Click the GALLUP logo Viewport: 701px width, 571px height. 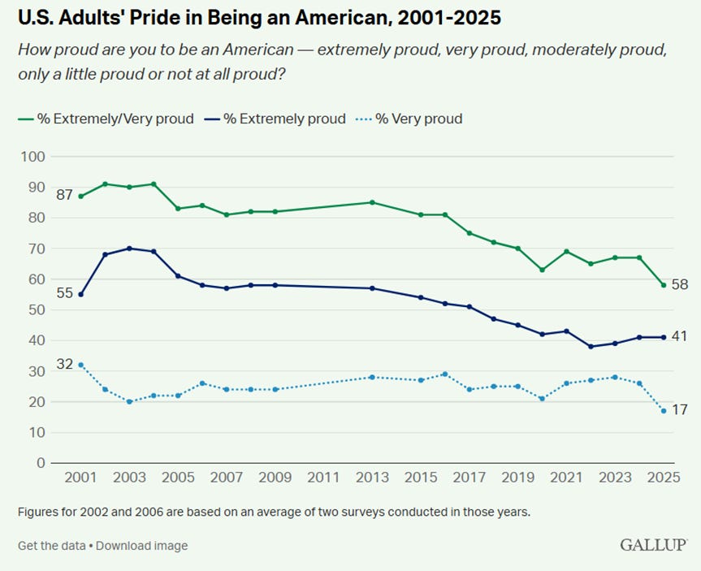click(x=653, y=544)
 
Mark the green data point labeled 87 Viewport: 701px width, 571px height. click(x=81, y=197)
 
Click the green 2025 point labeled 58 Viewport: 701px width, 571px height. click(x=664, y=285)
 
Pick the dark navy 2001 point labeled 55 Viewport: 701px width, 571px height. click(x=81, y=294)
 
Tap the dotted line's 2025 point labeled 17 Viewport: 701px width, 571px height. click(x=664, y=411)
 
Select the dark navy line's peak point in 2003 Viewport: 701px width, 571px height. click(x=129, y=249)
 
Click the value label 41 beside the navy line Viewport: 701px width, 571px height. click(x=680, y=335)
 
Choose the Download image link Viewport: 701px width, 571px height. click(x=141, y=546)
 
